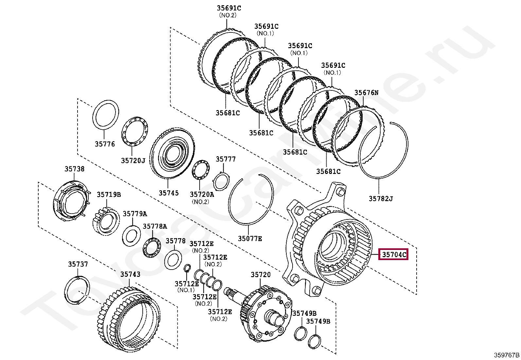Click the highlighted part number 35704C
point(393,254)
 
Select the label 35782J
point(380,199)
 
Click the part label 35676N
point(366,93)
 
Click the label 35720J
point(133,161)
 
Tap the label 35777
point(225,159)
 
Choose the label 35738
point(74,169)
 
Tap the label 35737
point(78,264)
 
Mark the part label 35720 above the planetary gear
point(261,275)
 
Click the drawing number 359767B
point(507,355)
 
